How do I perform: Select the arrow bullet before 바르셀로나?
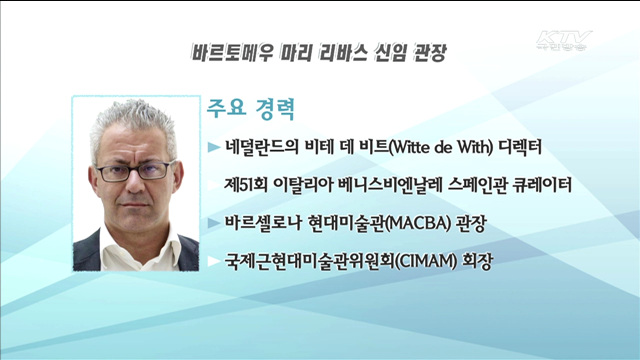click(212, 223)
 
